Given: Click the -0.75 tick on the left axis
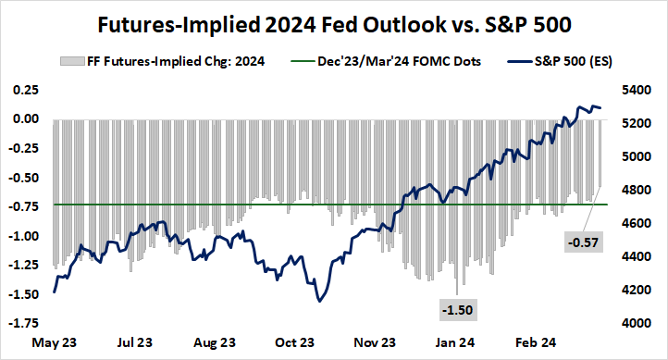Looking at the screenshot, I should [23, 206].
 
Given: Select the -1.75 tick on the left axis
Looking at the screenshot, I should [23, 323].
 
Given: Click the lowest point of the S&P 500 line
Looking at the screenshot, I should [319, 301].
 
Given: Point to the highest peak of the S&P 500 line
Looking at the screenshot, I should [580, 106].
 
